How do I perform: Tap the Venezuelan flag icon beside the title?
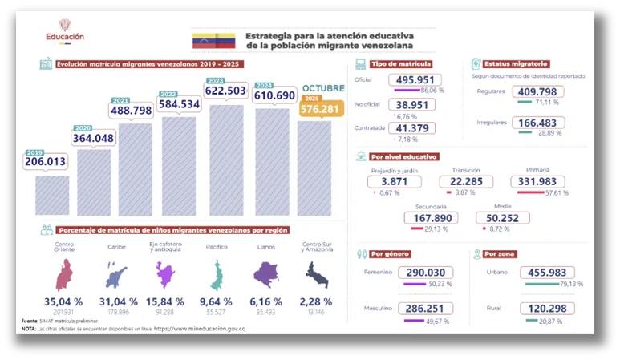click(x=213, y=41)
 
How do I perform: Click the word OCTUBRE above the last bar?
click(x=323, y=87)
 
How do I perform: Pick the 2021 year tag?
click(x=121, y=100)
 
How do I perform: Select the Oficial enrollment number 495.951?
click(x=417, y=80)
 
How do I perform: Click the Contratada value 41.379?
click(x=412, y=128)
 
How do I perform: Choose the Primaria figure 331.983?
click(x=537, y=183)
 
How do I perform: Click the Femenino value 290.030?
click(x=430, y=273)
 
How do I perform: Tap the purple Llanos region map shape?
click(x=266, y=275)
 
